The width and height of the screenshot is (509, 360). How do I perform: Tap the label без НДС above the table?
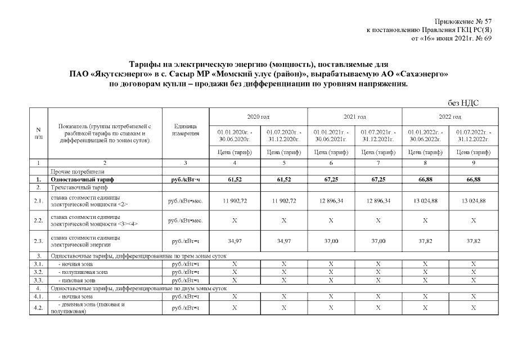(x=466, y=102)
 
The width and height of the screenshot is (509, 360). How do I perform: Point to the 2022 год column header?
(x=449, y=116)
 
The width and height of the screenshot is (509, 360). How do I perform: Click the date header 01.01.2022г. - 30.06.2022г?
(x=426, y=134)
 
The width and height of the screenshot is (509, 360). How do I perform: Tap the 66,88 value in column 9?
(x=473, y=179)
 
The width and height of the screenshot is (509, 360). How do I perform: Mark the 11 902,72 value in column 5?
(x=283, y=201)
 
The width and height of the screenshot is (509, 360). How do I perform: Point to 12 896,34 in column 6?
(x=331, y=201)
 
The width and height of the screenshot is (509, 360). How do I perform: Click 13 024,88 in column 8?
(x=426, y=201)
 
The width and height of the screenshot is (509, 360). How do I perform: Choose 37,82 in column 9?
(x=473, y=241)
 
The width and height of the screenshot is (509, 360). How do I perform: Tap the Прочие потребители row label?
(x=77, y=171)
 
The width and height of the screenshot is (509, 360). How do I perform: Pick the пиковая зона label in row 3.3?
(x=76, y=279)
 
